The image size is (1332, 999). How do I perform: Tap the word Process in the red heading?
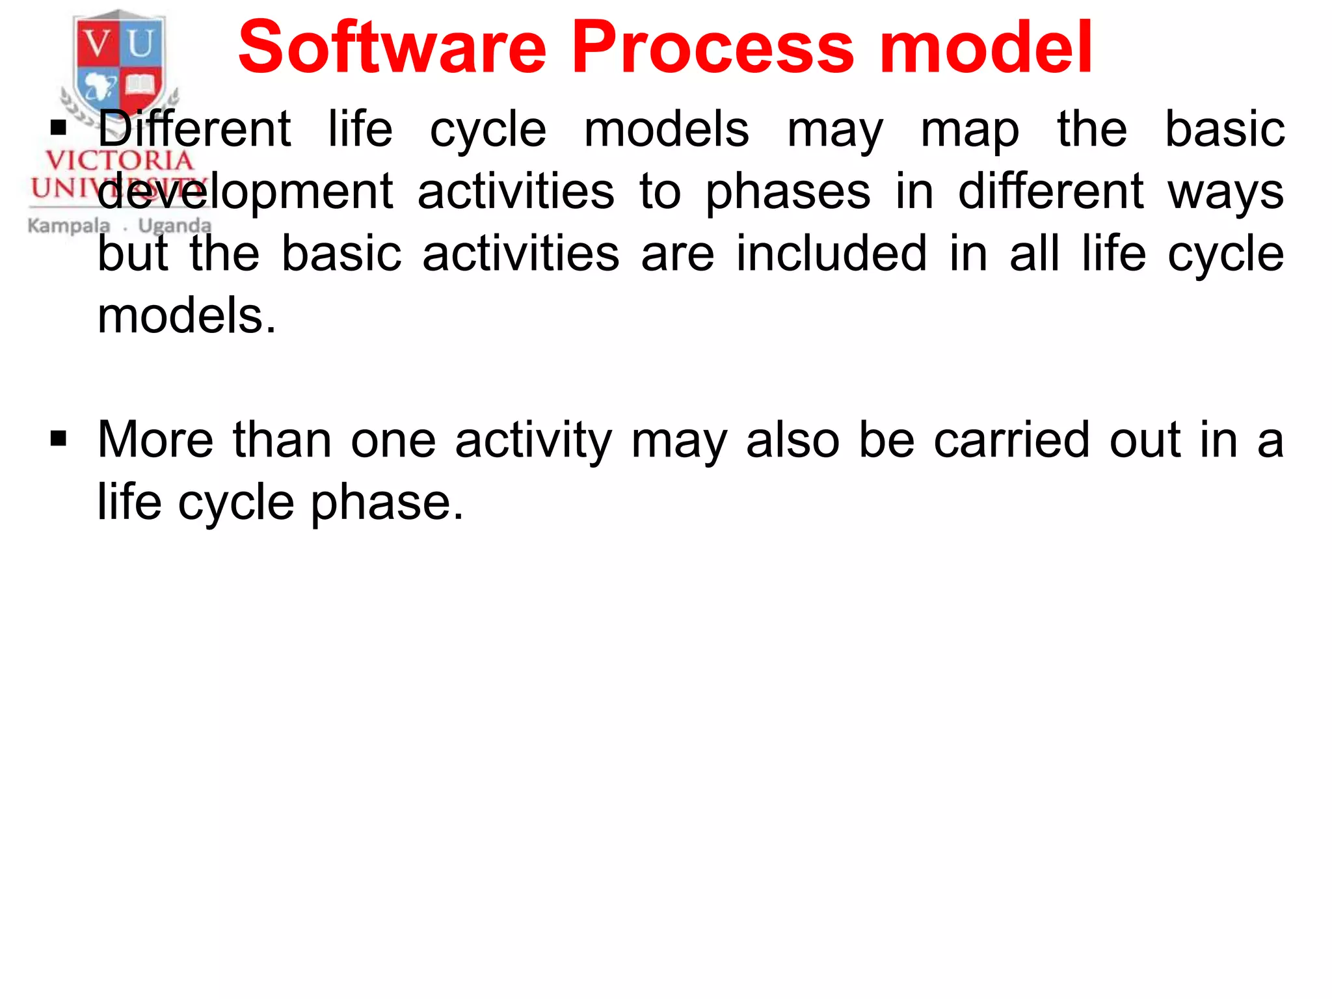click(713, 47)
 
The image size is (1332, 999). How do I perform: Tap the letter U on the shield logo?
click(140, 44)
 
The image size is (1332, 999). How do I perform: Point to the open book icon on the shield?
click(140, 85)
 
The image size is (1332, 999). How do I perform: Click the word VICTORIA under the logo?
click(120, 160)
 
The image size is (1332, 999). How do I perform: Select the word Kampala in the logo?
click(68, 226)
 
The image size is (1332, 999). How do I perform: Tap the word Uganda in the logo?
click(175, 226)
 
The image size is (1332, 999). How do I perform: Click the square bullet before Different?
click(59, 127)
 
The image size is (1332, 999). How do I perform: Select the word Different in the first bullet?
click(194, 129)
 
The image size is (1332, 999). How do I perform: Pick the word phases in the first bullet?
click(788, 193)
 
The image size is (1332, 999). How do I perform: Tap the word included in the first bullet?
click(831, 254)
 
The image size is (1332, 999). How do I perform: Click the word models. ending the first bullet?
click(187, 316)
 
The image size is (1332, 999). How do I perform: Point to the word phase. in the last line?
click(387, 503)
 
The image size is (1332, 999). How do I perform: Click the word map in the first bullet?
click(970, 130)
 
